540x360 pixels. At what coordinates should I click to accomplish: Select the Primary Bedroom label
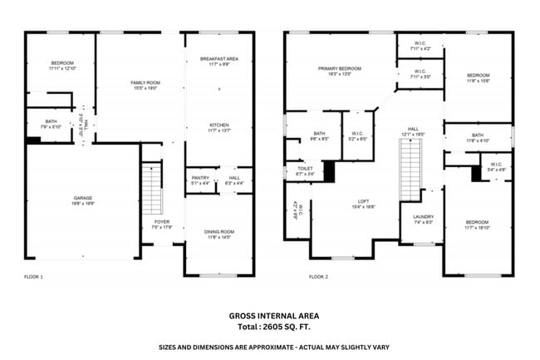coord(339,70)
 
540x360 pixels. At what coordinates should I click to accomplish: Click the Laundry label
coord(423,219)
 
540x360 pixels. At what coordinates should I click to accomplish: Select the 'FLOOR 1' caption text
coord(34,276)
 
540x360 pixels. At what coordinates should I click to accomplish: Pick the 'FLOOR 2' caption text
coord(318,276)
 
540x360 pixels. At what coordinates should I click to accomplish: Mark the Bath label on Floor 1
coord(52,123)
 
